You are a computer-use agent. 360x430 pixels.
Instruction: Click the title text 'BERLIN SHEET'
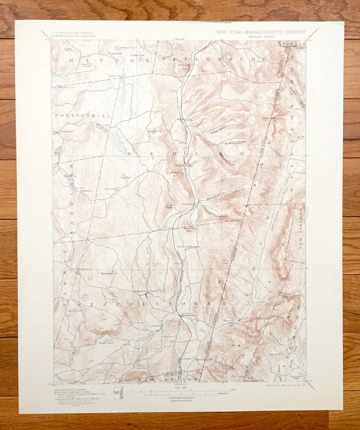point(261,37)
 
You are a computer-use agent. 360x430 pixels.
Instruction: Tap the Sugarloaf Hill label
point(183,66)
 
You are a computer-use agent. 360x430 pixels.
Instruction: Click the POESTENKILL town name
point(83,115)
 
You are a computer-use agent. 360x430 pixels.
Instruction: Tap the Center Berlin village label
point(184,165)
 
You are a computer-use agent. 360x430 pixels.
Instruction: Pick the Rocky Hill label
point(176,174)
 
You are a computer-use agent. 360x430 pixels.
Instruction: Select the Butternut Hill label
point(189,229)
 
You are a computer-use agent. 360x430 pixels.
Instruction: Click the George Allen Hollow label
point(215,213)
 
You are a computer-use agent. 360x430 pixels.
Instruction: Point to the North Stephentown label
point(188,247)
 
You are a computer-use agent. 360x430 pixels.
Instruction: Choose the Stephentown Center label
point(145,291)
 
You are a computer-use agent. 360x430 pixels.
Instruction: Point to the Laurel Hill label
point(275,354)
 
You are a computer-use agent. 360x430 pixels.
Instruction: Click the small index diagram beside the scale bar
point(118,392)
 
